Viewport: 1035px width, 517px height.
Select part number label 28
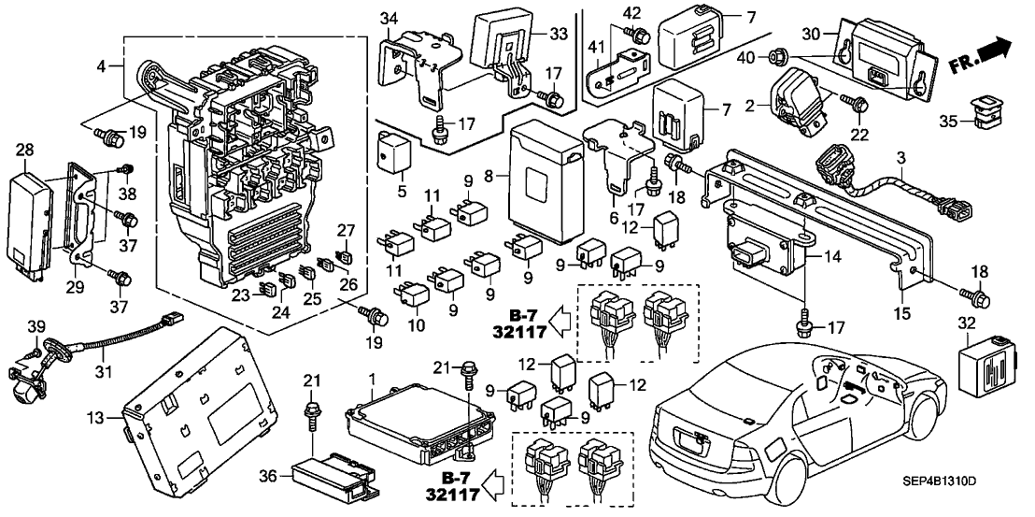point(24,151)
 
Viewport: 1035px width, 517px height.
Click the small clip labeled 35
point(984,109)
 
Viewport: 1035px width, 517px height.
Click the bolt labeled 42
point(640,36)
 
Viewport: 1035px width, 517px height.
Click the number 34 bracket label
point(389,19)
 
